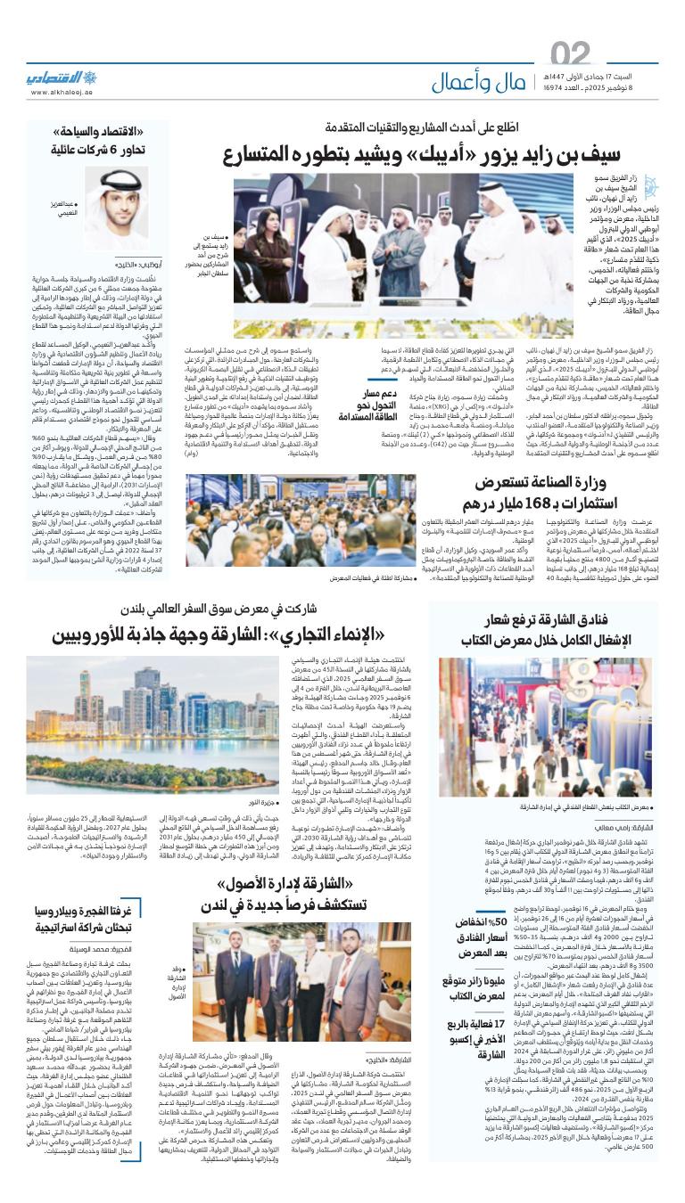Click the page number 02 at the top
pos(571,56)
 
